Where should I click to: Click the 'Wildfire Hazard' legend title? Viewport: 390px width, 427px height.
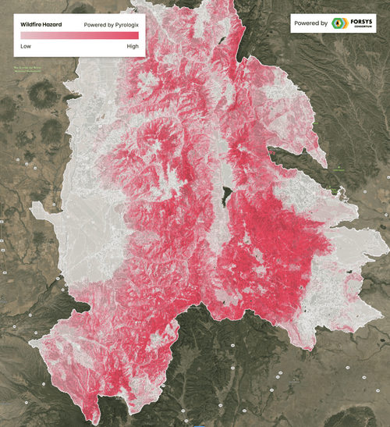click(41, 24)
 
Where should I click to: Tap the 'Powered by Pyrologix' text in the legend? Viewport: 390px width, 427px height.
click(112, 24)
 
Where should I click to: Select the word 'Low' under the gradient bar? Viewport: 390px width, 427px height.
click(26, 46)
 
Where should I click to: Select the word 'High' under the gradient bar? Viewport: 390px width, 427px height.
click(132, 46)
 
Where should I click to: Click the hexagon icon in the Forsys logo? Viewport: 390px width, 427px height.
click(339, 23)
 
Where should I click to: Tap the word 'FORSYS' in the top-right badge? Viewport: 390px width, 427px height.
click(363, 21)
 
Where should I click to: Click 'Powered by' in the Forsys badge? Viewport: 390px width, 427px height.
click(311, 23)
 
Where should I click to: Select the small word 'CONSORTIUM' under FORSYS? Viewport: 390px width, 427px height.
click(363, 29)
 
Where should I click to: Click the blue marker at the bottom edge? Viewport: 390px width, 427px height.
click(200, 425)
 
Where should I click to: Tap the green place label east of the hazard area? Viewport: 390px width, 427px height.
click(339, 169)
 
